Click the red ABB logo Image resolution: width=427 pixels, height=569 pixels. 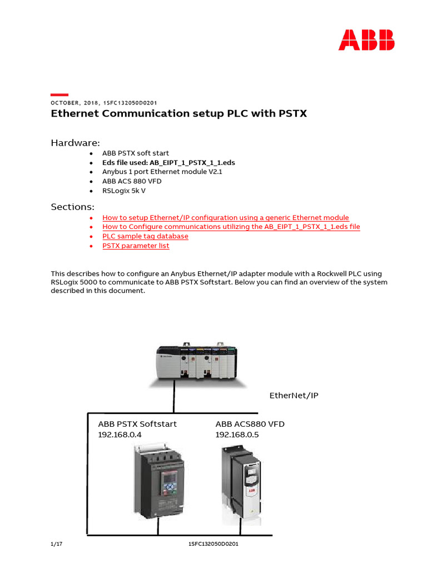(367, 40)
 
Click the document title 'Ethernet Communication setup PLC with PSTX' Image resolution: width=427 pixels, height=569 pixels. (178, 114)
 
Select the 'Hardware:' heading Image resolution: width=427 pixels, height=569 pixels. (76, 143)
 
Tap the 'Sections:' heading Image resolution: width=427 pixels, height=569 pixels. (73, 207)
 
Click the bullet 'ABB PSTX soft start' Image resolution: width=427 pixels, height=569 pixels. (135, 153)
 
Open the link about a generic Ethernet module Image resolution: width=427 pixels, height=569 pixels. (226, 218)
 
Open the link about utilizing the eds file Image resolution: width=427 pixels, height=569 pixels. (231, 227)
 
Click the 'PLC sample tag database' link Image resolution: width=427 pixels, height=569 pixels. (145, 236)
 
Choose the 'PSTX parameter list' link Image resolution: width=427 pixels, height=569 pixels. (136, 246)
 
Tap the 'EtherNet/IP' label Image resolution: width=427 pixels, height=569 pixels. (294, 396)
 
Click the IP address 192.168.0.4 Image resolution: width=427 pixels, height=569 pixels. (120, 435)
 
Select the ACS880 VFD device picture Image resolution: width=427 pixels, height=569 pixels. (240, 483)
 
